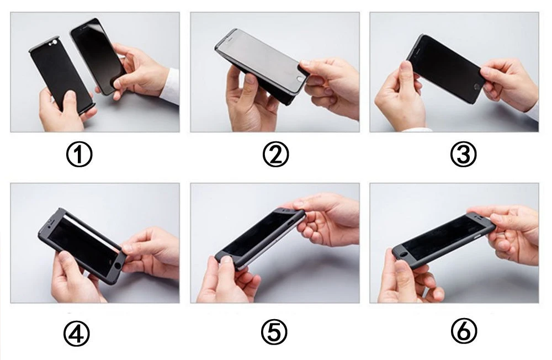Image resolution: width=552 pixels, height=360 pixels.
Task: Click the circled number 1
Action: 79,154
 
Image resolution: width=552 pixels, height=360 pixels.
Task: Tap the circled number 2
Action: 275,154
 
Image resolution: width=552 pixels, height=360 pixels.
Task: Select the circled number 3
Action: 463,154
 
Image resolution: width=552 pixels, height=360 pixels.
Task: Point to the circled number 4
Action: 76,333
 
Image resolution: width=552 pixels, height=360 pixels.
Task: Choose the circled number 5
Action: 274,332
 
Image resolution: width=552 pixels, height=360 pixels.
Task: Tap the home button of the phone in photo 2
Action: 300,79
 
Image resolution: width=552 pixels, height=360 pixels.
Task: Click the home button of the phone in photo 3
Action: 477,87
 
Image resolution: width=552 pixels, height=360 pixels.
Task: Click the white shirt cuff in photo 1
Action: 171,87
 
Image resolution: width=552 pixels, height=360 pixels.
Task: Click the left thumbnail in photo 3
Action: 406,66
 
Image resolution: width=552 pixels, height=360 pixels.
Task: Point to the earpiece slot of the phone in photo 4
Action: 51,223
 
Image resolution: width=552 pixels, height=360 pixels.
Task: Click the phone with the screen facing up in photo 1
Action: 98,56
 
